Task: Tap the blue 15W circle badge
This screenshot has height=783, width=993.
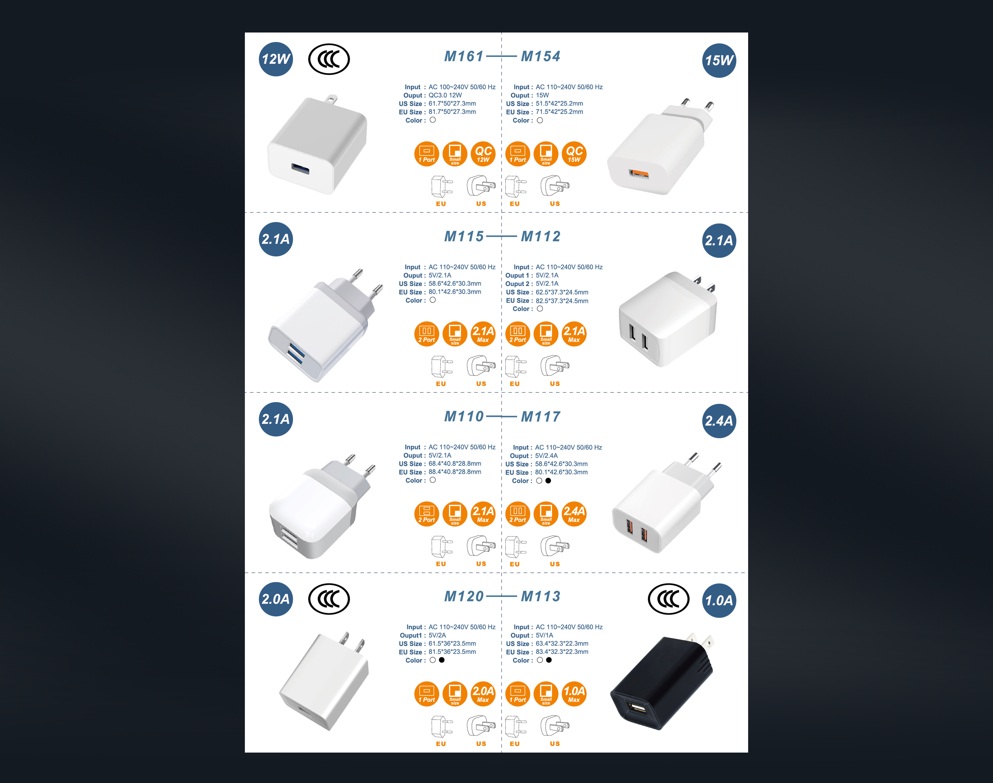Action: [719, 61]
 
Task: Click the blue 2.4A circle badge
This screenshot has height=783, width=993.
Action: [719, 421]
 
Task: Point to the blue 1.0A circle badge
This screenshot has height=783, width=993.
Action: [719, 601]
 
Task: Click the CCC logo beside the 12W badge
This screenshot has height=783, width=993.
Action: [329, 59]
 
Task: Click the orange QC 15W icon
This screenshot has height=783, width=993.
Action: [574, 154]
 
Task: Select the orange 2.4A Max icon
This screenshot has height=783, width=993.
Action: [574, 514]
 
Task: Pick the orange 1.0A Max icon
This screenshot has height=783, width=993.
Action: [574, 694]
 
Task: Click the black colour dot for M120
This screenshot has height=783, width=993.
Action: [441, 660]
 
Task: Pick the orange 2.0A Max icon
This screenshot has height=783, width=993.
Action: [483, 694]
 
